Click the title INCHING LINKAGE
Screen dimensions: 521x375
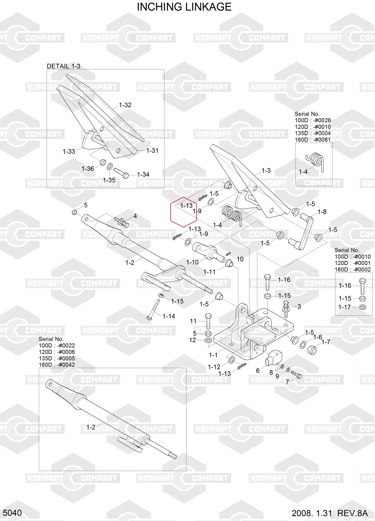[184, 7]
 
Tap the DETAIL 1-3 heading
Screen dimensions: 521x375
[63, 66]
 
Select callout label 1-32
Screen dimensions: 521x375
[125, 105]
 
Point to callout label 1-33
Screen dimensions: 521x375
[69, 151]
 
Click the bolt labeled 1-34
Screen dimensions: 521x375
[121, 173]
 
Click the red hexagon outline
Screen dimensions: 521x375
[183, 212]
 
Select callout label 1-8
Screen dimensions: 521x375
[322, 212]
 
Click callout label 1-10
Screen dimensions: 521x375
[192, 262]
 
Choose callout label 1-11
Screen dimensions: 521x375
[210, 272]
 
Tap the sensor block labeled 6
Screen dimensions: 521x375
[274, 357]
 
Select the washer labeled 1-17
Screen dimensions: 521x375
[362, 307]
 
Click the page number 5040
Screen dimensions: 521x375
[12, 513]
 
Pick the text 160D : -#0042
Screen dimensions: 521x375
[57, 365]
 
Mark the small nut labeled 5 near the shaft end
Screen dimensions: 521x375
[74, 212]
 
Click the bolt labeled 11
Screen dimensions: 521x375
[208, 321]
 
